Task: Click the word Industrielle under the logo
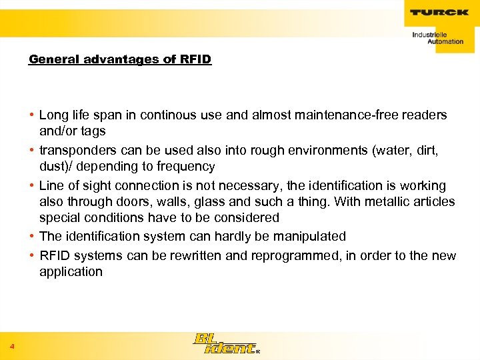click(430, 34)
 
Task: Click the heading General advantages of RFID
click(120, 59)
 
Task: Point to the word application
click(71, 272)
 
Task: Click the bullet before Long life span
click(33, 115)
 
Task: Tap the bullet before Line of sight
click(33, 186)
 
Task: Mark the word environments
click(311, 151)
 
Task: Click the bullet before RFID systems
click(33, 256)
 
